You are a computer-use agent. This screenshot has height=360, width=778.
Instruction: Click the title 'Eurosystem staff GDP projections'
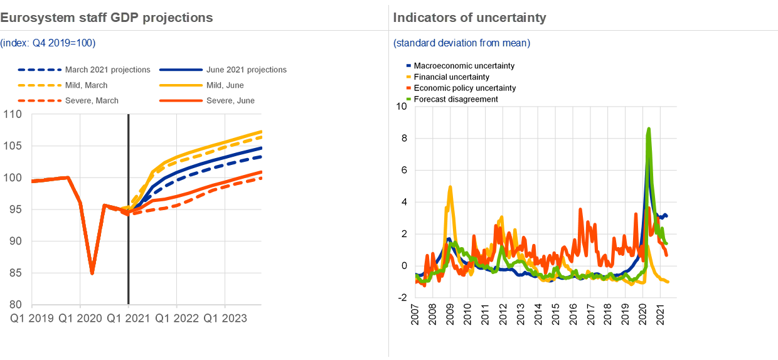click(107, 18)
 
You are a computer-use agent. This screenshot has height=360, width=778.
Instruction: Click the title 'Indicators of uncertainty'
click(469, 18)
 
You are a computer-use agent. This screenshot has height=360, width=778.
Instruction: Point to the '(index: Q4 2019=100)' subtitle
click(48, 43)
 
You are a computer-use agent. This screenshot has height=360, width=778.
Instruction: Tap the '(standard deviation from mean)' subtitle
click(462, 43)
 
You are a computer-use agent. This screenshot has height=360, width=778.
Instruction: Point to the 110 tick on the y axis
click(13, 115)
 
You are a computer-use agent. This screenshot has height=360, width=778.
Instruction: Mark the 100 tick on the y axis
click(13, 178)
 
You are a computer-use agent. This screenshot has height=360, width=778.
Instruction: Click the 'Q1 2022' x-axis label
click(178, 318)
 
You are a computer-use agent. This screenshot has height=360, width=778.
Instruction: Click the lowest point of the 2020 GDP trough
click(92, 273)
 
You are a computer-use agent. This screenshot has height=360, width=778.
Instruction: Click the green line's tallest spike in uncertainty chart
click(648, 129)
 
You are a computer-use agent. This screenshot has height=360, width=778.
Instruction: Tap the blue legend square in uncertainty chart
click(408, 65)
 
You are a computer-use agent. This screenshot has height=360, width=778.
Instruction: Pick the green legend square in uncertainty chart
click(408, 98)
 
